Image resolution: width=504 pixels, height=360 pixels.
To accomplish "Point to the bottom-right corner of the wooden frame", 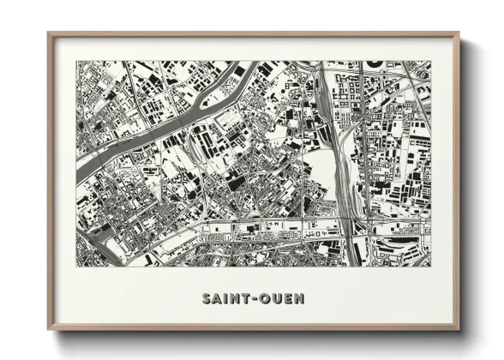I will coord(458,328).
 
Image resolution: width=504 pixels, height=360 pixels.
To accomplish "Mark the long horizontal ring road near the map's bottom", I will coord(257,226).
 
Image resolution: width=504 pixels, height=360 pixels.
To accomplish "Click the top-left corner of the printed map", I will coord(76,61).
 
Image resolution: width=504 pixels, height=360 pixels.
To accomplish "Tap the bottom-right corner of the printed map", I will coord(431,266).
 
